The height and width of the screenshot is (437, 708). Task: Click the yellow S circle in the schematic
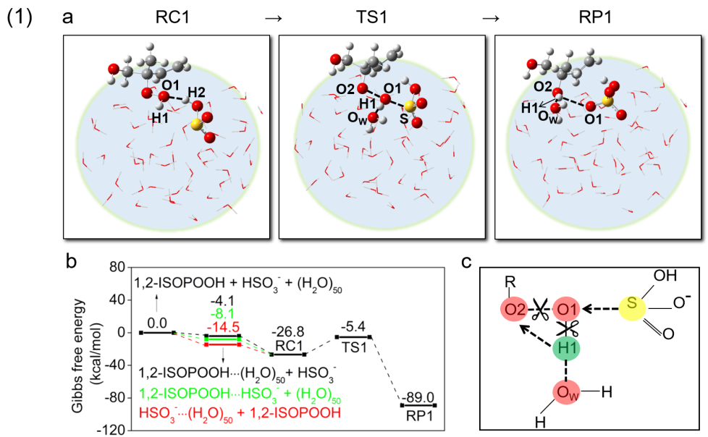point(632,307)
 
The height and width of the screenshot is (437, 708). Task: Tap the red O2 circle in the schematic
point(514,310)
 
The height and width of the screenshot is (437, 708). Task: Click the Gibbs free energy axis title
point(85,349)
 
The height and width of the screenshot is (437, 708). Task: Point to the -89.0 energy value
point(419,397)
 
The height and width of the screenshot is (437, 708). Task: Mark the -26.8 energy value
point(287,332)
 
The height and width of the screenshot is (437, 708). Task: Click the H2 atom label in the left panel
point(198,90)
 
